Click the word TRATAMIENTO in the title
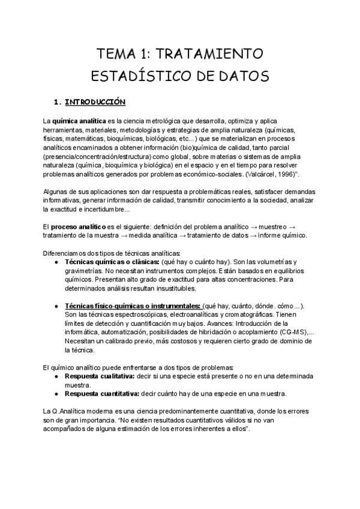(x=209, y=54)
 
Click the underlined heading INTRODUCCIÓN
(x=94, y=101)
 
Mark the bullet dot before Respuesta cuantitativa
(x=55, y=394)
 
